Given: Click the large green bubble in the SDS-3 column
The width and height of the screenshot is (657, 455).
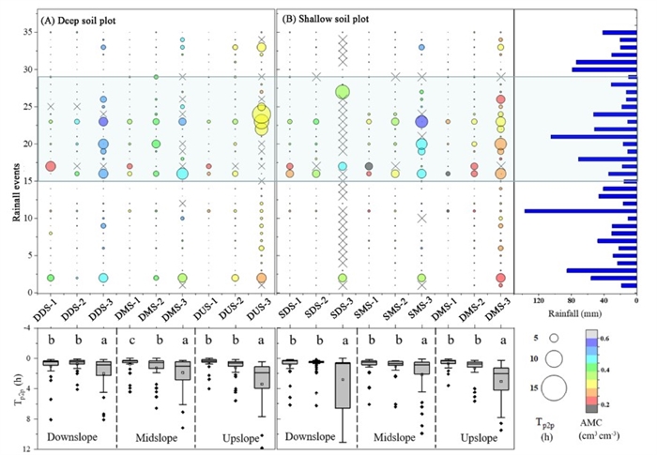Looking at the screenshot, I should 343,92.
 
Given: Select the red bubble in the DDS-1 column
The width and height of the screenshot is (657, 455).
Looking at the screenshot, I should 51,166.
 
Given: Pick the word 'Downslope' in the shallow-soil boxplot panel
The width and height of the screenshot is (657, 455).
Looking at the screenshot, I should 318,437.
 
